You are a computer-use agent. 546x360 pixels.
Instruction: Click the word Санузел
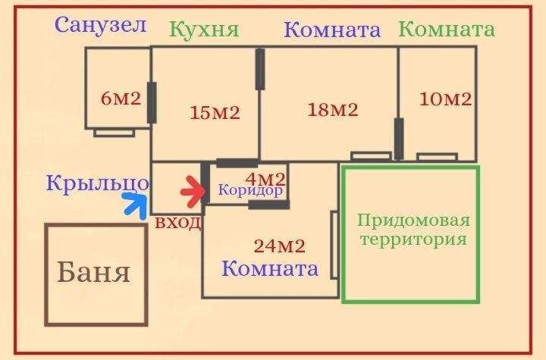pos(100,25)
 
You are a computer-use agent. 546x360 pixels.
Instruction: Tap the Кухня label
pos(205,30)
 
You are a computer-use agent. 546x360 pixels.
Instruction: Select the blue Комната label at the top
pos(332,30)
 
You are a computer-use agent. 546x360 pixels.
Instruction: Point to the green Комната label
pos(447,30)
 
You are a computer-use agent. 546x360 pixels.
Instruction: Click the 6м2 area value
pos(121,99)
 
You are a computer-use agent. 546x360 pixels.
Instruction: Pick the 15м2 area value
pos(215,112)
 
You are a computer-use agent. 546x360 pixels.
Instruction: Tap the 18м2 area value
pos(333,110)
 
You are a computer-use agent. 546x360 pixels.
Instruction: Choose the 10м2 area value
pos(445,99)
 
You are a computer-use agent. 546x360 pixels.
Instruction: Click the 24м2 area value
pos(280,246)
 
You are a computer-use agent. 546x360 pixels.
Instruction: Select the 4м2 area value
pos(265,180)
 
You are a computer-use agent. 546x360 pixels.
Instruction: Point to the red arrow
pos(194,192)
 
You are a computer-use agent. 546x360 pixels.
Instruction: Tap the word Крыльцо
pos(98,183)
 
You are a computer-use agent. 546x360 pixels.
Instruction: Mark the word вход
pos(178,222)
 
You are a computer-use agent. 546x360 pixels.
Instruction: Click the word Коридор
pos(250,190)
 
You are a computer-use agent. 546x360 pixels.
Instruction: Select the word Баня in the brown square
pos(94,272)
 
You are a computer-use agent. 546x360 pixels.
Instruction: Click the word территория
pos(413,240)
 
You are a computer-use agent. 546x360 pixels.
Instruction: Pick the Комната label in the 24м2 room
pos(270,268)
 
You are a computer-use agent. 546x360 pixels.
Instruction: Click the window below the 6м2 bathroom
pos(115,133)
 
